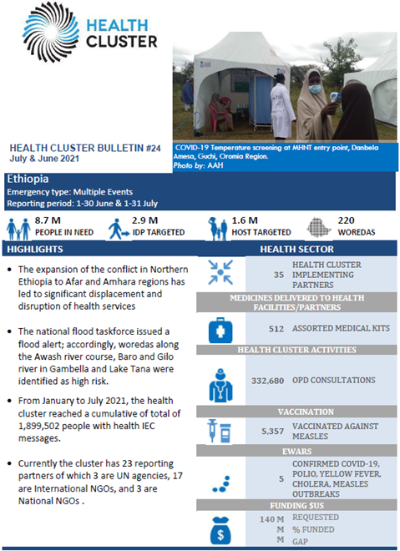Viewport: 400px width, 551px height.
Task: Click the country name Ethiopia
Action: coord(27,179)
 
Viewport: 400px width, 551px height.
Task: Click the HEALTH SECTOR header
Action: coord(296,250)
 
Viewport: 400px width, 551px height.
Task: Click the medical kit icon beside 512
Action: coord(222,327)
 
